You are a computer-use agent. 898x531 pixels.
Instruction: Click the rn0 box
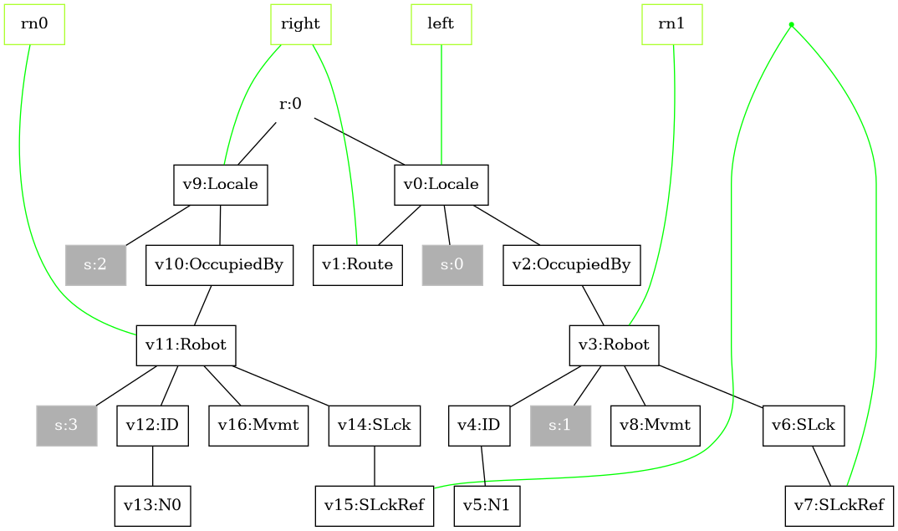[x=34, y=23]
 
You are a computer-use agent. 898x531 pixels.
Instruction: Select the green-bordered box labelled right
[x=301, y=23]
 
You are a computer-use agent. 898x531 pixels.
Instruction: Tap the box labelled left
[x=441, y=23]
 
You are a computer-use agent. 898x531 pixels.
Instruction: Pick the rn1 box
[x=672, y=23]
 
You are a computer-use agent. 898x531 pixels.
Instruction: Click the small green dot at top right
[x=791, y=24]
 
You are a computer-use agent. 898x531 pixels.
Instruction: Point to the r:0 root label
[x=290, y=105]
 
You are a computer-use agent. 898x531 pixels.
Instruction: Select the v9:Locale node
[x=221, y=185]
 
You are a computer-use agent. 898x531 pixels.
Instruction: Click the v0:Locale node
[x=441, y=185]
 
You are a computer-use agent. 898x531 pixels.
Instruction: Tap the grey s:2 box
[x=95, y=265]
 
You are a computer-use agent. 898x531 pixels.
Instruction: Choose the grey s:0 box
[x=452, y=265]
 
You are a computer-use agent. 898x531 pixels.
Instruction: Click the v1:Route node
[x=359, y=265]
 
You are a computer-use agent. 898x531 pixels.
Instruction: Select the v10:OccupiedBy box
[x=219, y=265]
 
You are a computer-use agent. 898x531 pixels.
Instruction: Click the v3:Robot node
[x=615, y=345]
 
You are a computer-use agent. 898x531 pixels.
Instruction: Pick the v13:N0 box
[x=153, y=506]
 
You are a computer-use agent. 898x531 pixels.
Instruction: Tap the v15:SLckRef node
[x=375, y=506]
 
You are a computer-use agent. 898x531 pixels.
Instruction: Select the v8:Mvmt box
[x=655, y=426]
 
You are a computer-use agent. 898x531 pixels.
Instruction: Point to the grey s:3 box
[x=67, y=426]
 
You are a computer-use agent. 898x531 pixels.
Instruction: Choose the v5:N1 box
[x=487, y=506]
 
